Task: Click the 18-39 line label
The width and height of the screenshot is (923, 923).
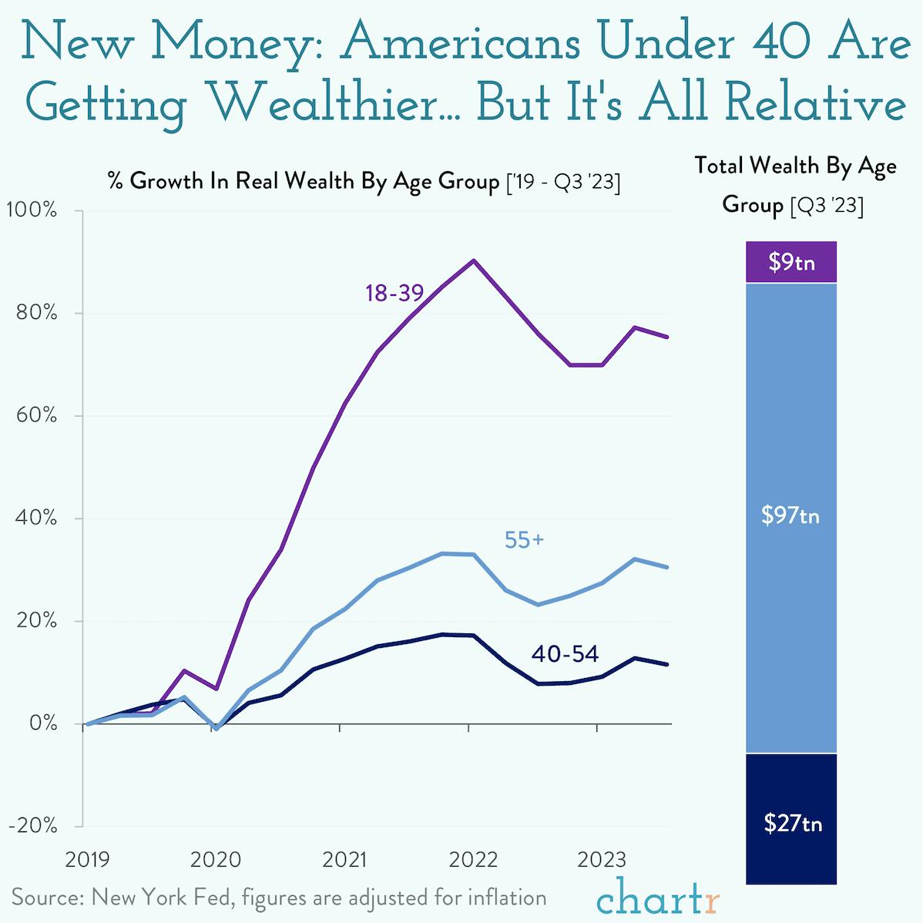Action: coord(394,293)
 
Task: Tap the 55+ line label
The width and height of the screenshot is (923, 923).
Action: coord(524,541)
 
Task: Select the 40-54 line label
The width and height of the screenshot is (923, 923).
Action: coord(565,654)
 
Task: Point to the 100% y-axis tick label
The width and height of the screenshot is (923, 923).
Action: coord(32,210)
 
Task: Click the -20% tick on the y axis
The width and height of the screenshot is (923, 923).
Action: coord(32,825)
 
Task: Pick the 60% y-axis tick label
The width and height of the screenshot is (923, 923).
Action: coord(35,415)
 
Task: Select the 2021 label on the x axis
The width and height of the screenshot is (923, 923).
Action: coord(344,860)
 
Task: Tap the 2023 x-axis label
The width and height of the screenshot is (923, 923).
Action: coord(602,860)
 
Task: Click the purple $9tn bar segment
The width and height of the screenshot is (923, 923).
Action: coord(791,262)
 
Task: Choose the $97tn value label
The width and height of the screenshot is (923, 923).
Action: coord(790,515)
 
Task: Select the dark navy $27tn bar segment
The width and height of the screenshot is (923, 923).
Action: coord(791,818)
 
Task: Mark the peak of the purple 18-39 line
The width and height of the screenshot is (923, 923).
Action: coord(473,260)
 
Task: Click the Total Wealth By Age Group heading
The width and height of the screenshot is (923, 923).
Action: coord(794,185)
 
